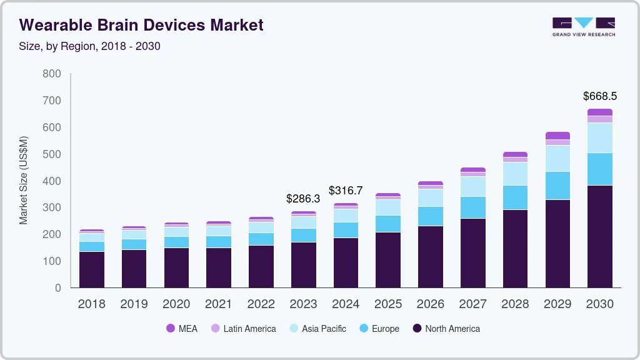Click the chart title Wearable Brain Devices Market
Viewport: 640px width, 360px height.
[141, 25]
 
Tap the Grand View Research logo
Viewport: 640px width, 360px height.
[583, 26]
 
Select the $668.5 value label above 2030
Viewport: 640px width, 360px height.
[599, 96]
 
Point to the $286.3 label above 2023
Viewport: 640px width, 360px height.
[303, 198]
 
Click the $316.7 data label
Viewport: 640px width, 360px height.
[346, 190]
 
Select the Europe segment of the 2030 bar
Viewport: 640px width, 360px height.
[599, 169]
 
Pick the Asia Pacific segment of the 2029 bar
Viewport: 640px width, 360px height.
[557, 158]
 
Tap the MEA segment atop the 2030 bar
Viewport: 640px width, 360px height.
[599, 112]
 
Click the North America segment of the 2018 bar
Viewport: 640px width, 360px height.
[92, 269]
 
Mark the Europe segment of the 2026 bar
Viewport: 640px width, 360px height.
[430, 216]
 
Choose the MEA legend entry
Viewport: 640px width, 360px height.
[181, 328]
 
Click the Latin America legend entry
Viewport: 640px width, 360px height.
[243, 328]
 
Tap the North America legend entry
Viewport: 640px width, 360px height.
[446, 328]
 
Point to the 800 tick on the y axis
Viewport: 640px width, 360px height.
[52, 74]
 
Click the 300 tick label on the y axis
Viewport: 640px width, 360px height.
[52, 207]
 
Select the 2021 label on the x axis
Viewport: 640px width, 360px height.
[219, 304]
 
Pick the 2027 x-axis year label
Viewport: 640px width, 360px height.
[472, 304]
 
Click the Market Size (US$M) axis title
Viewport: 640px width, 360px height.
[24, 180]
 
